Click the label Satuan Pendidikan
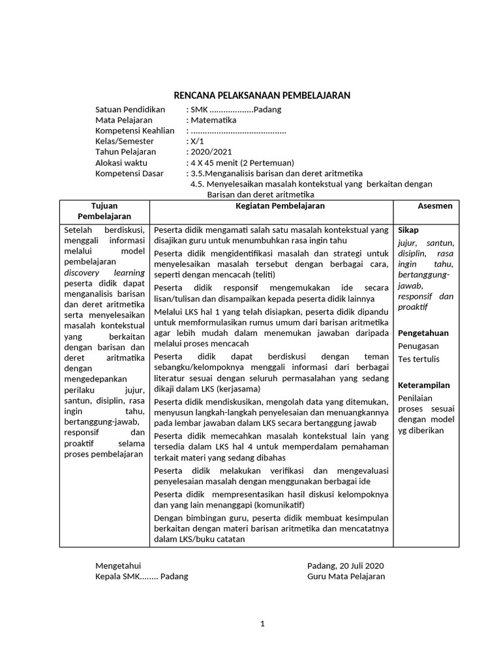pos(130,110)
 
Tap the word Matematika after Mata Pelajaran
pos(213,120)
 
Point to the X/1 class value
pos(196,141)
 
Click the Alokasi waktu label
pos(121,162)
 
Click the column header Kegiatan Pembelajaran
pos(271,205)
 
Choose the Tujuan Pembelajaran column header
pos(104,211)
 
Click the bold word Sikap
pos(408,230)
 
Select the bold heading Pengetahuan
pos(423,333)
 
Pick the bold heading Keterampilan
pos(424,385)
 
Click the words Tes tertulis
pos(419,359)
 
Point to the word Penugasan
pos(418,346)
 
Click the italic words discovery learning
pos(104,273)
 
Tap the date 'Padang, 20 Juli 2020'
pos(346,566)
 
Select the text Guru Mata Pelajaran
pos(346,576)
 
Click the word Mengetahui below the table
pos(118,566)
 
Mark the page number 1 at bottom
pos(262,624)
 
